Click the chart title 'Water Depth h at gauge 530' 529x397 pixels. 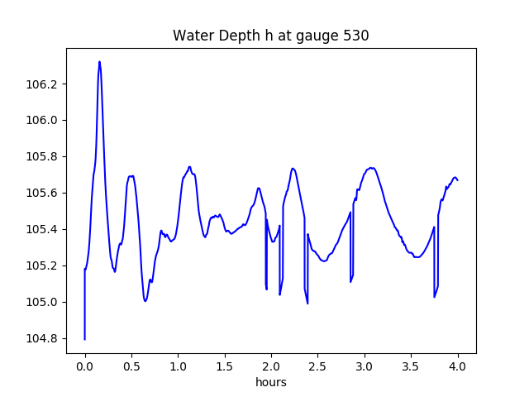[270, 36]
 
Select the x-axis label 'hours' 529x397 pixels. [270, 382]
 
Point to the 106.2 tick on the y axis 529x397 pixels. [45, 84]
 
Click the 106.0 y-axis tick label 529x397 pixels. [45, 120]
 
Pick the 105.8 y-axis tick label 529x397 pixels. [45, 156]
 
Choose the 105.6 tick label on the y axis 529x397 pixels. [45, 193]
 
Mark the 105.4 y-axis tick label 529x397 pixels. [45, 229]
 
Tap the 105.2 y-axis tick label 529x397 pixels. [45, 265]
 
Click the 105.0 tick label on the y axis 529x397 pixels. [45, 302]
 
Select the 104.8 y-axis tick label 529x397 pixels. [45, 338]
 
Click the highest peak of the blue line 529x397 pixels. [99, 61]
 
